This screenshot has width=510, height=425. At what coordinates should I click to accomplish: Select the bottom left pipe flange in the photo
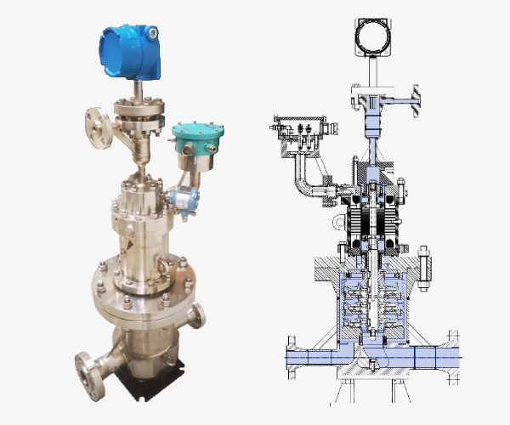click(84, 371)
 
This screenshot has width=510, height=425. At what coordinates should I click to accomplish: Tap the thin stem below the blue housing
click(137, 91)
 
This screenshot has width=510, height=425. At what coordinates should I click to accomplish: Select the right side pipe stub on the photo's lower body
click(195, 320)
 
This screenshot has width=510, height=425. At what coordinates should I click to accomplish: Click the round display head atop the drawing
click(371, 37)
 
